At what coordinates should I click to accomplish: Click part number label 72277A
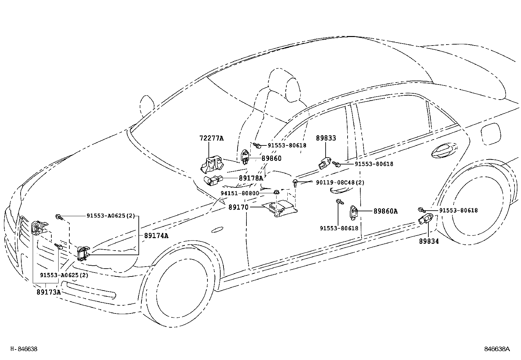(x=211, y=138)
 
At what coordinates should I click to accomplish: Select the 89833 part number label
(x=326, y=138)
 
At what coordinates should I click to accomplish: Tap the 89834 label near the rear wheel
(x=429, y=241)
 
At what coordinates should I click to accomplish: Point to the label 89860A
(x=386, y=212)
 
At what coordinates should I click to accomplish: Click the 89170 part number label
(x=238, y=207)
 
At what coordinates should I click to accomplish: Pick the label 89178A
(x=251, y=178)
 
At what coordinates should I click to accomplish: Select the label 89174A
(x=156, y=236)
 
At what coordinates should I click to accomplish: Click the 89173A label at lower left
(x=49, y=292)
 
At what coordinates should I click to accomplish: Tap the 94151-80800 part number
(x=240, y=193)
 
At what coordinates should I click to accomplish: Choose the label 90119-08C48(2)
(x=340, y=182)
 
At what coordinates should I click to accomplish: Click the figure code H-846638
(x=24, y=349)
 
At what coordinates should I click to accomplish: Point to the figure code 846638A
(x=497, y=349)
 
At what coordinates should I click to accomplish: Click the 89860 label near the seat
(x=271, y=159)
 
